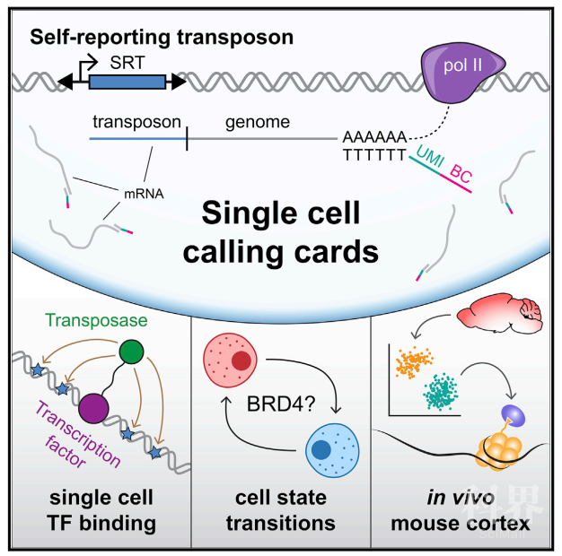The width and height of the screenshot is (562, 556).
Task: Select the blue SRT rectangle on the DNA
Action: coord(127,82)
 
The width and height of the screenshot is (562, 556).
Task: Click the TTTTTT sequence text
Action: coord(373,154)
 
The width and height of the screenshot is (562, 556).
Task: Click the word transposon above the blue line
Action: coord(137,122)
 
